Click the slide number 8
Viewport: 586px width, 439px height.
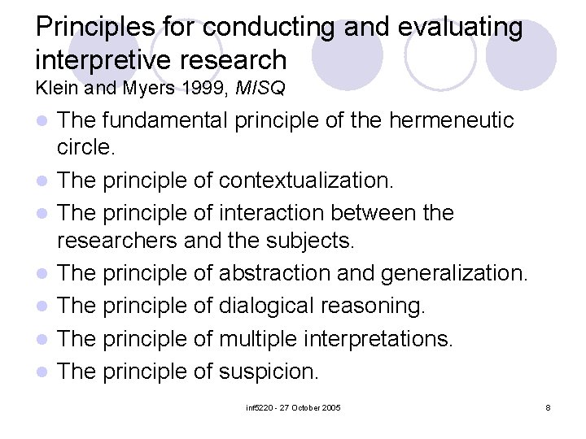click(549, 406)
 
